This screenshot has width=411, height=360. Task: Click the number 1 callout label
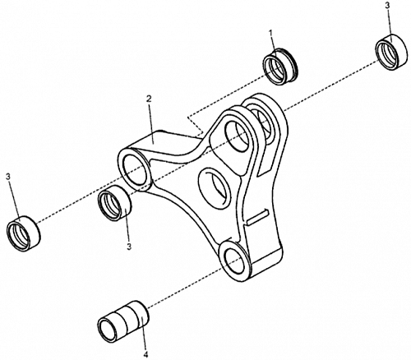click(270, 33)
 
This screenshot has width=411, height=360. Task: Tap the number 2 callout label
click(149, 99)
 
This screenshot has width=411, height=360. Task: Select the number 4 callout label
click(145, 354)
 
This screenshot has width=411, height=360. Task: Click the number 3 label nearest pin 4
click(129, 247)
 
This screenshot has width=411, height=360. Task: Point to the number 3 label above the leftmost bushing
click(8, 177)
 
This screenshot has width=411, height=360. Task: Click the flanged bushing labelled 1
click(280, 67)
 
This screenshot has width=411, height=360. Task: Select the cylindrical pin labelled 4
click(123, 318)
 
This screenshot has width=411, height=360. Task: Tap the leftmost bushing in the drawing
click(23, 233)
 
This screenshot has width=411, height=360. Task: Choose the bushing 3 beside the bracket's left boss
click(115, 202)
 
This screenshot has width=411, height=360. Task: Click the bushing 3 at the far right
click(390, 52)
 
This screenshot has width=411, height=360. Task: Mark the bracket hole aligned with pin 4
click(234, 261)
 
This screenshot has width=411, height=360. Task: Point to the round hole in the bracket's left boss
click(135, 169)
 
